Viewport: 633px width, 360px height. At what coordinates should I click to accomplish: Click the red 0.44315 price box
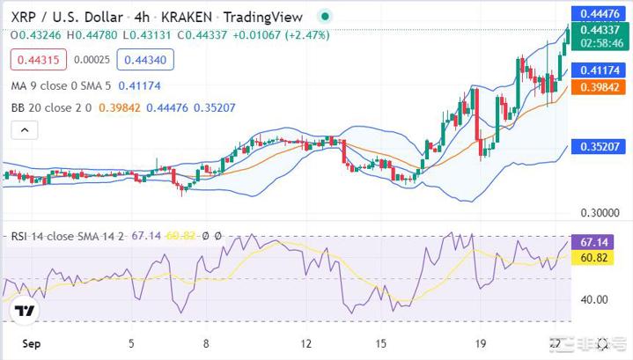coord(33,60)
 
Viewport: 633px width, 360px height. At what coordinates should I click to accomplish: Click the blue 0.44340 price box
coord(144,60)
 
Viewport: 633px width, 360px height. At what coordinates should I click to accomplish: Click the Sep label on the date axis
coord(29,345)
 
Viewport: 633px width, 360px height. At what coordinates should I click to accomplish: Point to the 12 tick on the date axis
coord(306,345)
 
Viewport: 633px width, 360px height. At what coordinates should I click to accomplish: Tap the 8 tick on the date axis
coord(206,345)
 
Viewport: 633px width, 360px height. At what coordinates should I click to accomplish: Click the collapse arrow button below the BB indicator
coord(25,130)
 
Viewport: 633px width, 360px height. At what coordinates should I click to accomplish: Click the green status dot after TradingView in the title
coord(326,17)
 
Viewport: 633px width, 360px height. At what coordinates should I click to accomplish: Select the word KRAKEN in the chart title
coord(192,17)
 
